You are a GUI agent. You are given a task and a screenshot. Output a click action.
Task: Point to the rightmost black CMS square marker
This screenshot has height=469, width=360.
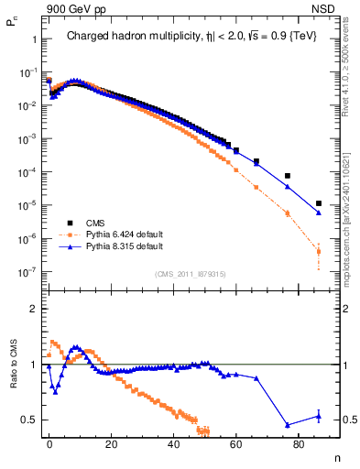point(318,203)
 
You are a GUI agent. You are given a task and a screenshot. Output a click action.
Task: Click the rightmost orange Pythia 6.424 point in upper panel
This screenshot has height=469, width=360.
point(318,251)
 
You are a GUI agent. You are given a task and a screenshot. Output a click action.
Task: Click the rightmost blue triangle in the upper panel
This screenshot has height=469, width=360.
point(318,213)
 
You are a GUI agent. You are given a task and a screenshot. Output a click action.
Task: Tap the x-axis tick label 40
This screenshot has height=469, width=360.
point(174,443)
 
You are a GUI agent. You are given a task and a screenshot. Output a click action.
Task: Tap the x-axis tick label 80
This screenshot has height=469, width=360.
point(299,443)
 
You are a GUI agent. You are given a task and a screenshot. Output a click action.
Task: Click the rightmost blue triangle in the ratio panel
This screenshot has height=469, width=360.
point(318,416)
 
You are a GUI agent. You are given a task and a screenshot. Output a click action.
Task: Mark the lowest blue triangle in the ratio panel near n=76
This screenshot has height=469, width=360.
point(288,425)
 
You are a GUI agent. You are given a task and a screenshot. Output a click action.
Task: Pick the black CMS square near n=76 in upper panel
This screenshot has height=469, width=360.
point(288,176)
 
